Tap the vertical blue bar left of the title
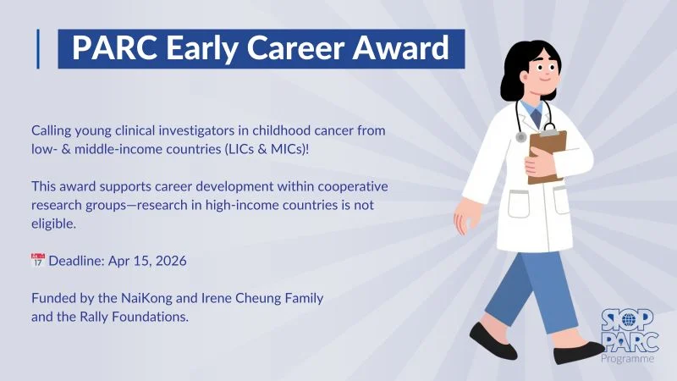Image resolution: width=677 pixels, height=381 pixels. pyautogui.click(x=39, y=48)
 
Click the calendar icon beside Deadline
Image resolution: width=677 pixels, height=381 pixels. pyautogui.click(x=37, y=261)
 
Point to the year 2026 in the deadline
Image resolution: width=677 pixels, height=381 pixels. pyautogui.click(x=170, y=261)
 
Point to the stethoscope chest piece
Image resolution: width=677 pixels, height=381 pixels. pyautogui.click(x=521, y=136)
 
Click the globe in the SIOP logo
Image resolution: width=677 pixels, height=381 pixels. pyautogui.click(x=627, y=320)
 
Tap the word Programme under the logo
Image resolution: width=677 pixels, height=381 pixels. pyautogui.click(x=627, y=359)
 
